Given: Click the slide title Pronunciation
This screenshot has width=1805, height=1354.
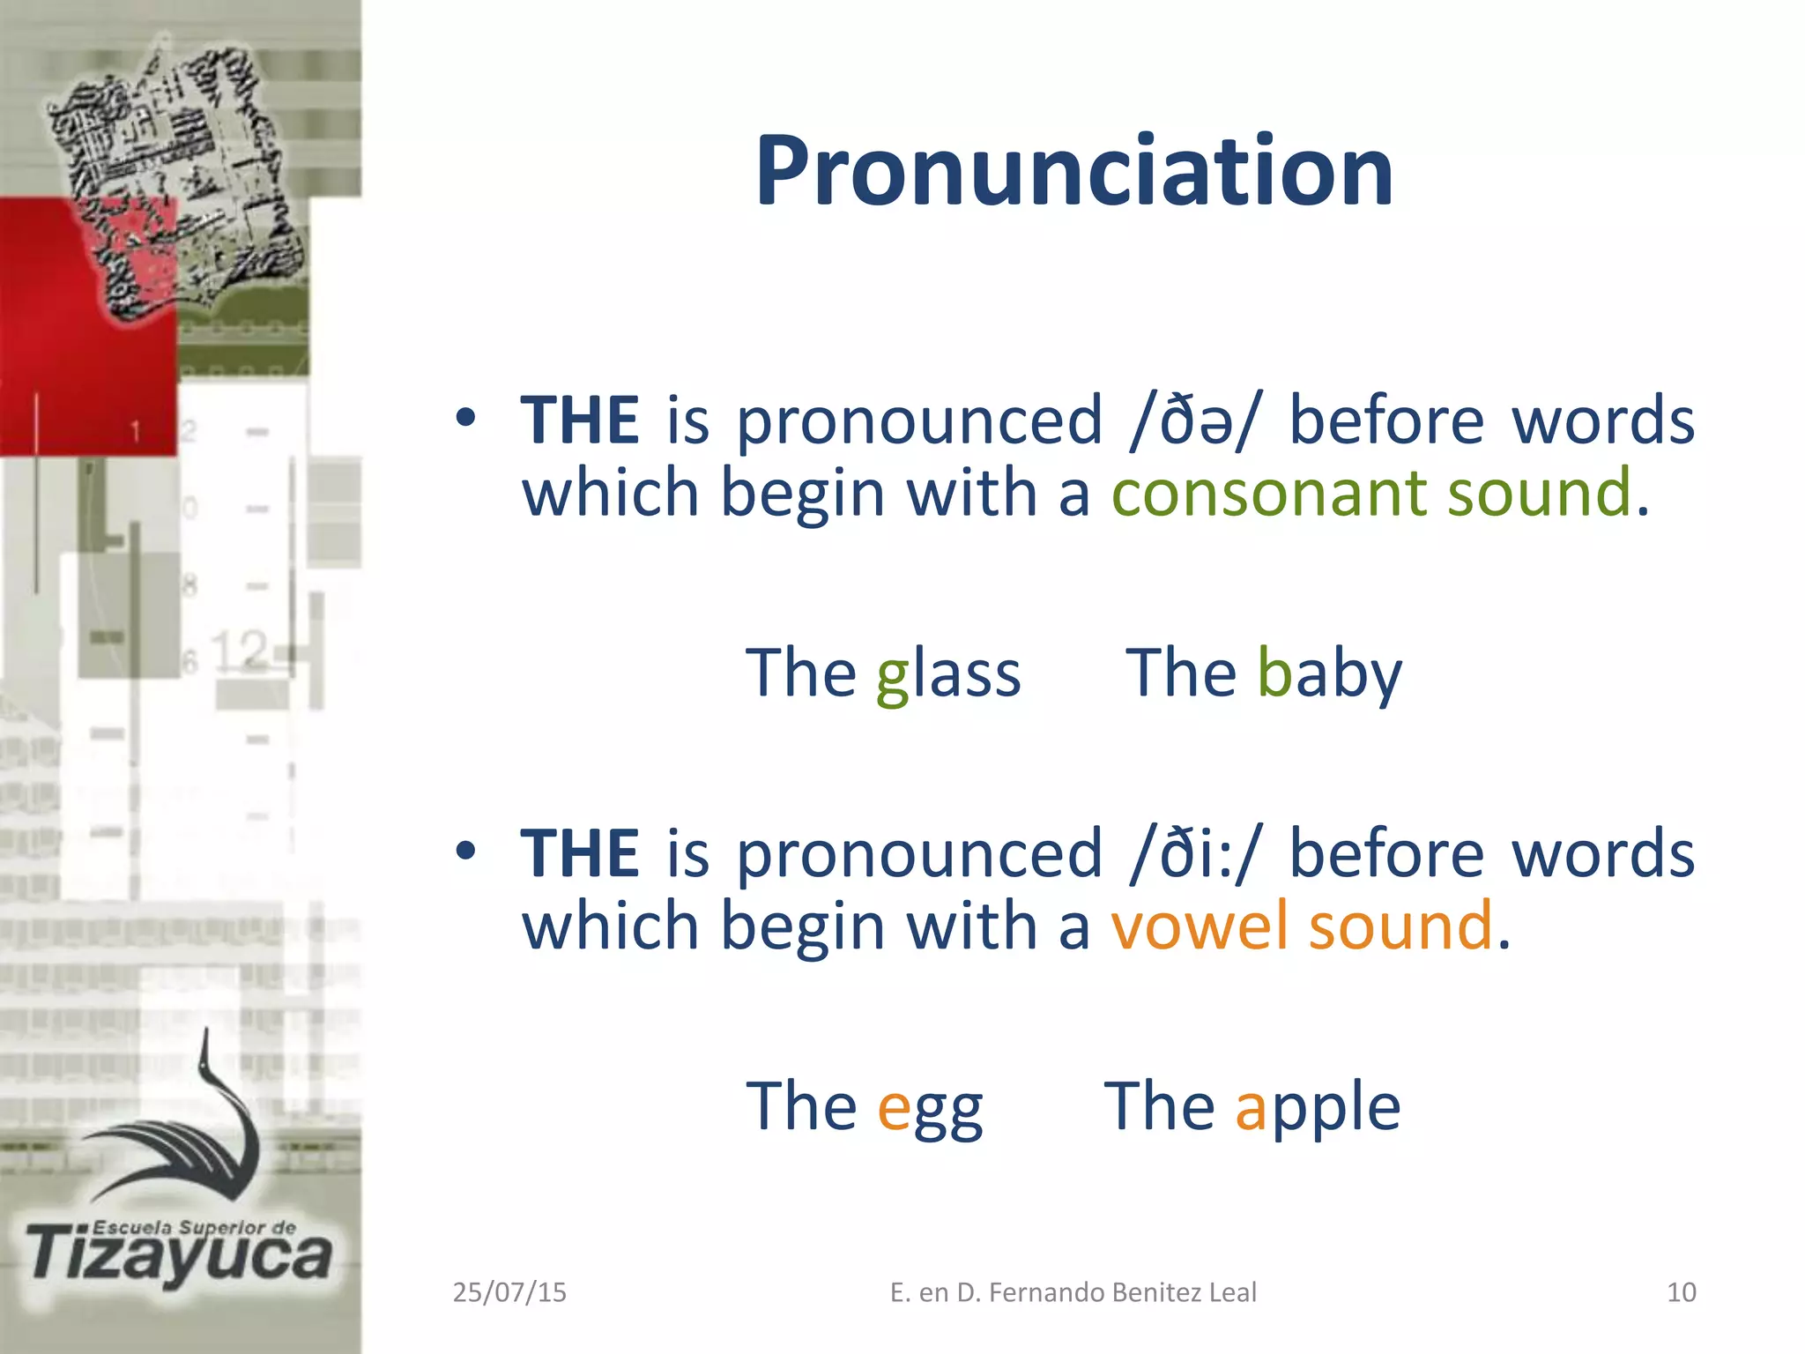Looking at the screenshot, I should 1073,171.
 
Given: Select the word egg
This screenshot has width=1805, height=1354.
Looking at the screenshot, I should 930,1107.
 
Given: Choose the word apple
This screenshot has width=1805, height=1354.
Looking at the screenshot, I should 1318,1107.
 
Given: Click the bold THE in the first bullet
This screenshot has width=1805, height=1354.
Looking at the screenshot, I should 579,421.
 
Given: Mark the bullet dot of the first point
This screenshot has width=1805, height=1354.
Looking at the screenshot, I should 466,417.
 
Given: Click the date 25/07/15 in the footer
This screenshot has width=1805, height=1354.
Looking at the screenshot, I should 509,1292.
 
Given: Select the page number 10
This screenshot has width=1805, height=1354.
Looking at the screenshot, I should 1682,1292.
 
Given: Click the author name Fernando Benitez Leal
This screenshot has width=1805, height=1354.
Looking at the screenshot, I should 1122,1292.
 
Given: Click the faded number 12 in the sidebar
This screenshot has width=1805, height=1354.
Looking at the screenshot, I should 240,651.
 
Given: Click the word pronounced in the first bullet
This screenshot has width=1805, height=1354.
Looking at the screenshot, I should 919,421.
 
